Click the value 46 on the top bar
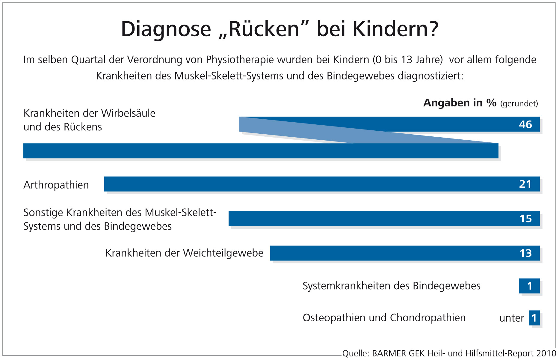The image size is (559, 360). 525,124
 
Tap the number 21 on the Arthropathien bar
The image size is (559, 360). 525,184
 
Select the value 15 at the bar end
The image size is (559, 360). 525,219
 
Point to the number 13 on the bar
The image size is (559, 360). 525,253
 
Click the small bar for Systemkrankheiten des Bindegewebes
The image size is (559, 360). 529,286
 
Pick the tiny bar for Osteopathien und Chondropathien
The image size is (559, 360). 534,318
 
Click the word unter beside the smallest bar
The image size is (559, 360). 511,318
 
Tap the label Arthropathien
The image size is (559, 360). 56,185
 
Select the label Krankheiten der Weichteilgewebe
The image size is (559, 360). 184,253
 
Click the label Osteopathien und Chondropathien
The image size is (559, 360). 384,318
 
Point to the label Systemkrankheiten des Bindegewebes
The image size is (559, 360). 391,286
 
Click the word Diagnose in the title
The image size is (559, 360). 166,29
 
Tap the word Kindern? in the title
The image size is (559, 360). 395,29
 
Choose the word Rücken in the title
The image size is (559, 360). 264,29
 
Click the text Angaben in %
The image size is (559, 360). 460,103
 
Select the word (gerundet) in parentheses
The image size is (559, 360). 519,104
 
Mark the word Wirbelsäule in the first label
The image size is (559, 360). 128,113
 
